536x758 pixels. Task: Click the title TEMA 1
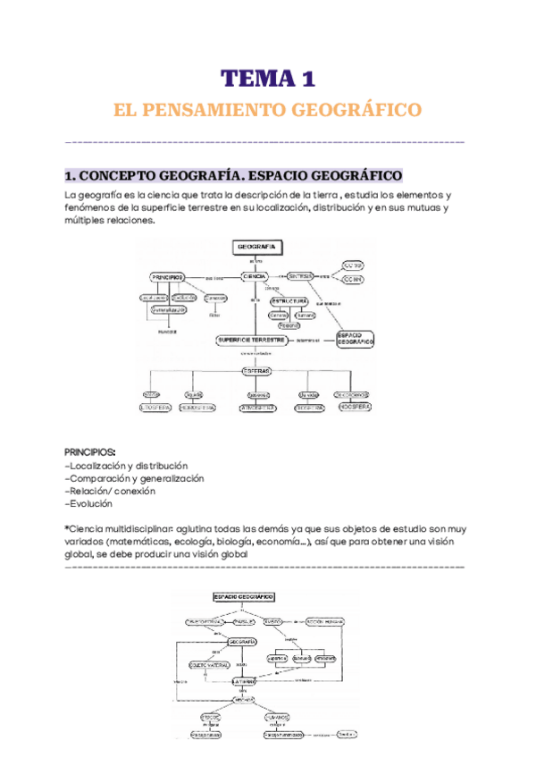click(x=268, y=80)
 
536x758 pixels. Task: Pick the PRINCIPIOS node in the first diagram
click(x=167, y=277)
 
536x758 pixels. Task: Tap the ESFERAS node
click(x=255, y=371)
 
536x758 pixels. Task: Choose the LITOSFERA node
click(x=152, y=408)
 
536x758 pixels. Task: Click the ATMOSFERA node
click(x=257, y=408)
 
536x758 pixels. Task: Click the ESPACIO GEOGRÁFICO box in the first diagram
click(x=355, y=339)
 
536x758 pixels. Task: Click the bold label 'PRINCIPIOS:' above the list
click(x=90, y=451)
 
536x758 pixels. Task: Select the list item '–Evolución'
click(x=89, y=503)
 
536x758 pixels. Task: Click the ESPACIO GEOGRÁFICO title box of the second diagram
click(x=243, y=596)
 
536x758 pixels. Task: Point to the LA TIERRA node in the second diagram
click(x=245, y=681)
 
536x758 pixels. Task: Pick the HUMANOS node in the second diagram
click(x=277, y=717)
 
